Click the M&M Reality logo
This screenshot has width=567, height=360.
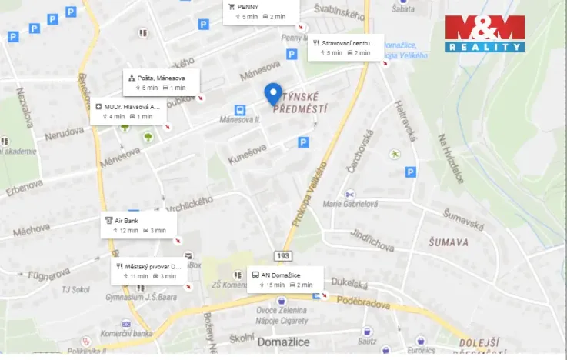485,34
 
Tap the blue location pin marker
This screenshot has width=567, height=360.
272,93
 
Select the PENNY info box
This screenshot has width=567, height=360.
257,12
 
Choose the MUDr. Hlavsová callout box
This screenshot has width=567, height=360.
128,112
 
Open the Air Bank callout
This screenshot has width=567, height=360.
139,225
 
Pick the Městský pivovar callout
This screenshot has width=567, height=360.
148,271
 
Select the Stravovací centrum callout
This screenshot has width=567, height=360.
345,48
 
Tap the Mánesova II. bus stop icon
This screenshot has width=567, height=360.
240,110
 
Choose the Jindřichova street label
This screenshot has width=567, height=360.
373,238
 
